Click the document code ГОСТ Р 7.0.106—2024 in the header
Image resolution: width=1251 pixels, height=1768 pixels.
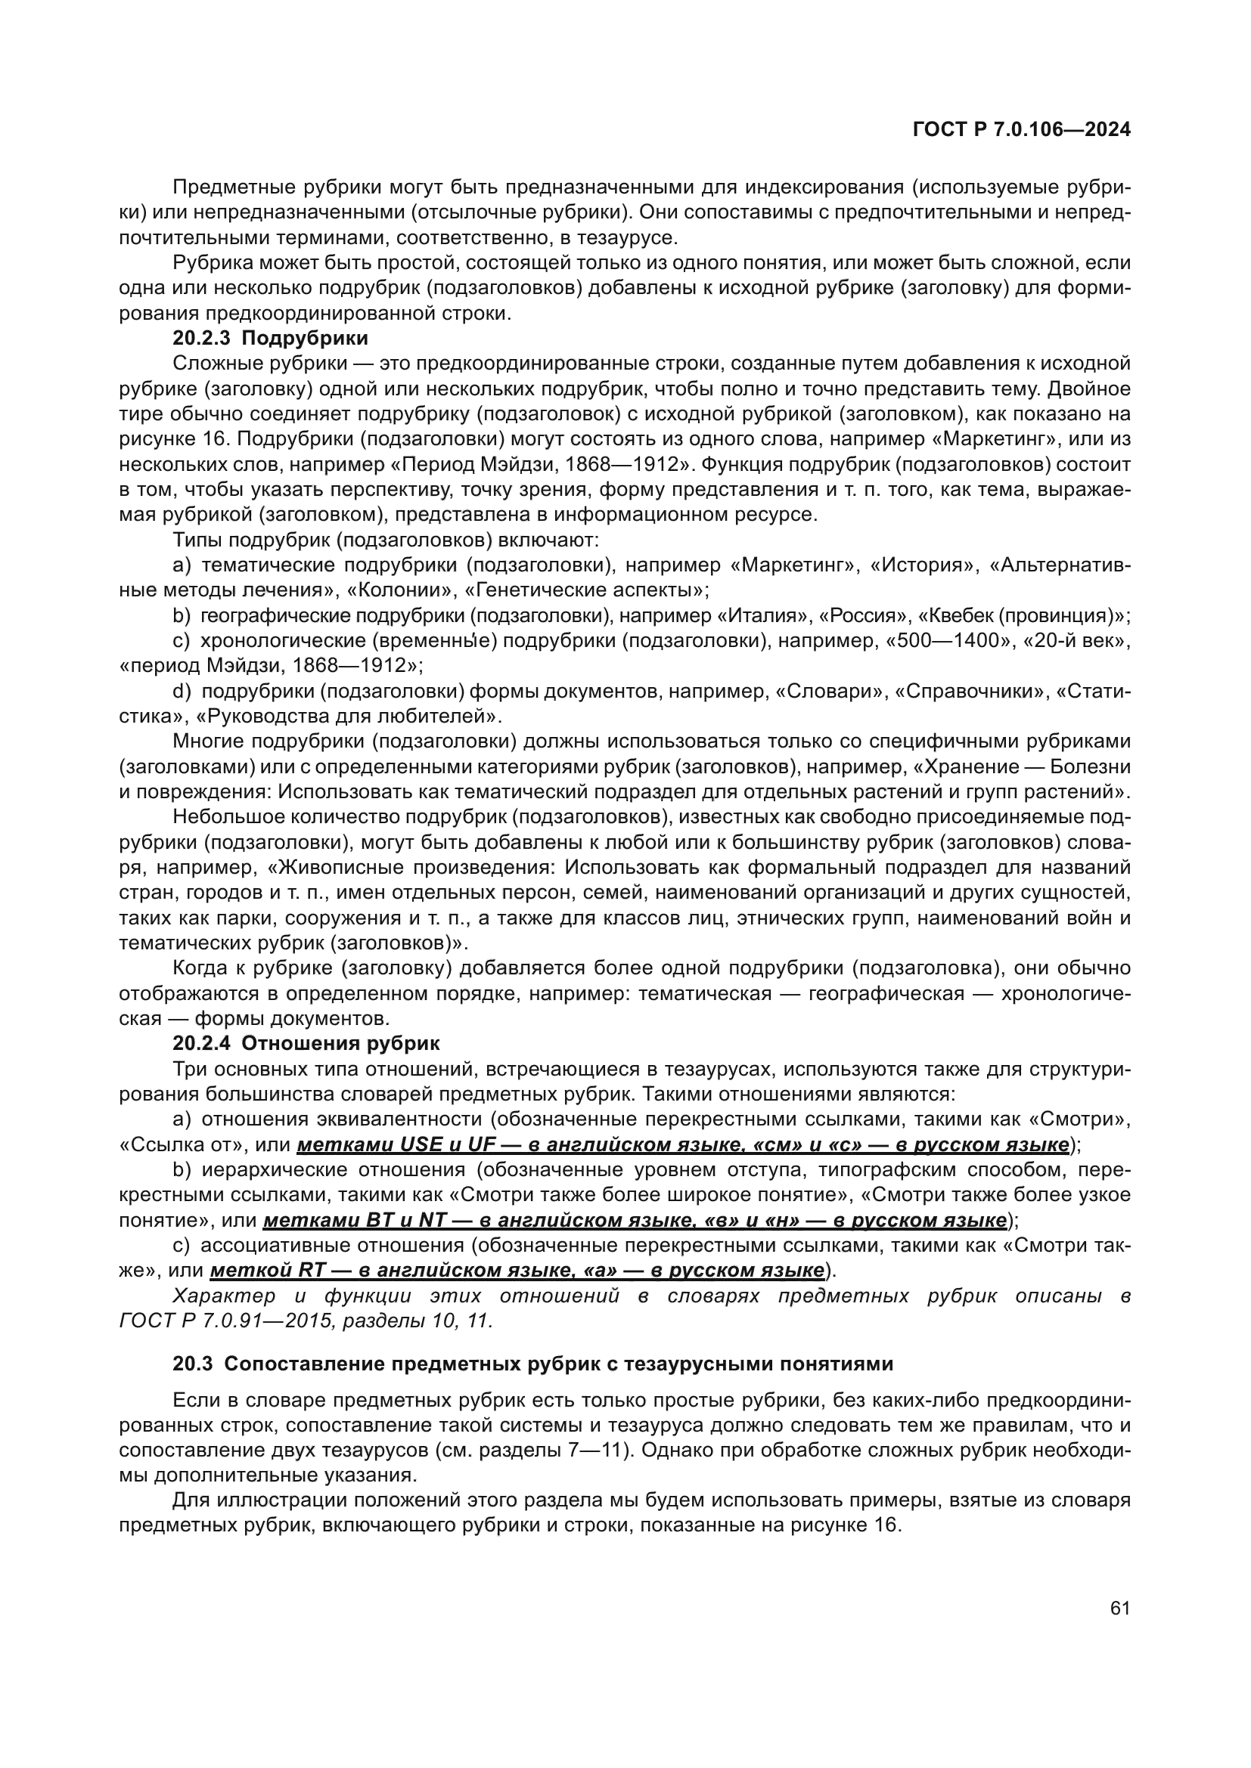tap(1021, 130)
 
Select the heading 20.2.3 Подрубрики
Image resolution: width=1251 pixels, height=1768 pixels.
tap(270, 338)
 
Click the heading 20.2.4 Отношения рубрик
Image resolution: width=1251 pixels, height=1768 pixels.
tap(306, 1043)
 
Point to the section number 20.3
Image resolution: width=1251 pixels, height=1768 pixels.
tap(193, 1364)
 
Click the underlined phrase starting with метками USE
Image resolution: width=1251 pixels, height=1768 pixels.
tap(682, 1145)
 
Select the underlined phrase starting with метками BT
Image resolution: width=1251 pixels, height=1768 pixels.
tap(635, 1221)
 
